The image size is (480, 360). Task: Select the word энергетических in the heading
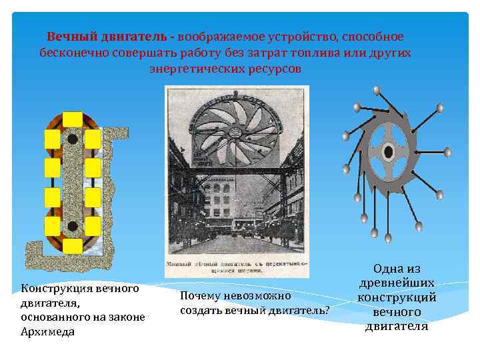(x=194, y=69)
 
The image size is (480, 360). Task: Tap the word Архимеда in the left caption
(x=48, y=332)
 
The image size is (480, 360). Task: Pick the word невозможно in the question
(x=259, y=295)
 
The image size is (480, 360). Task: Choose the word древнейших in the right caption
(x=397, y=283)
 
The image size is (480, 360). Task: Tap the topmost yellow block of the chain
(x=73, y=120)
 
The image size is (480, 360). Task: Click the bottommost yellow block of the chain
(x=73, y=245)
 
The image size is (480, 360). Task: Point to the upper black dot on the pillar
(x=73, y=140)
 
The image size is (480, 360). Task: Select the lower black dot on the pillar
(x=73, y=225)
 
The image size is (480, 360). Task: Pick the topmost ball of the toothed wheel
(x=377, y=89)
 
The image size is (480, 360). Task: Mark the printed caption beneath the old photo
(x=237, y=269)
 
